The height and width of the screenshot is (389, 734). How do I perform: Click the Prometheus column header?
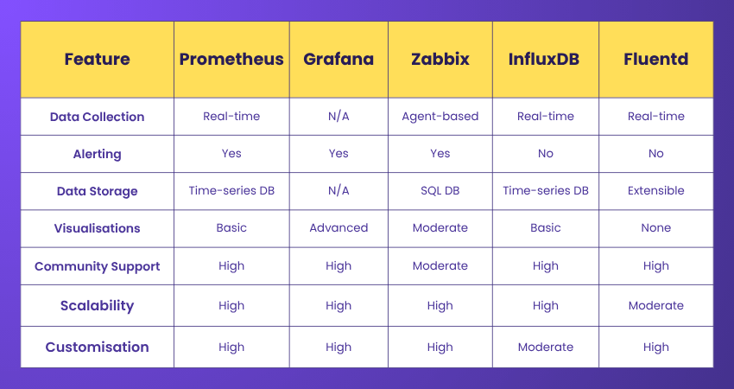pos(231,60)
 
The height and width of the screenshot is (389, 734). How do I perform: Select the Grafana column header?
pos(339,60)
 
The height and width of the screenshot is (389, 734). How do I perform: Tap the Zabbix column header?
pos(440,60)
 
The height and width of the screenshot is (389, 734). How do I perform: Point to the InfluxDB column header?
pos(545,60)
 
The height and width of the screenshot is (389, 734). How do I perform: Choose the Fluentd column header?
pos(655,60)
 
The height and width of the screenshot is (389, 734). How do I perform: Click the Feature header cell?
pos(97,60)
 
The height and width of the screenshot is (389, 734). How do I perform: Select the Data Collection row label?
pos(97,117)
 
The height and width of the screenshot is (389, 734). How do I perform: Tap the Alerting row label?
pos(97,154)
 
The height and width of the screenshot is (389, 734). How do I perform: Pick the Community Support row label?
pos(97,266)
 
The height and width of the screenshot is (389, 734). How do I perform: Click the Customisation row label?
pos(97,347)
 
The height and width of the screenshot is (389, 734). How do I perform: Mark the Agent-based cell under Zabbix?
pos(440,117)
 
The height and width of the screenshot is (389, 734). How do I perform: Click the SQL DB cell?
pos(440,190)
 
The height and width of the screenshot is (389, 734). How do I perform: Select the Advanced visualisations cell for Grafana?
pos(339,228)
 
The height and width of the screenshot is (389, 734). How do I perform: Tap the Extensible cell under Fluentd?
pos(655,190)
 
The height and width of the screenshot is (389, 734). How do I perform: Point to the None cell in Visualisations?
pos(655,228)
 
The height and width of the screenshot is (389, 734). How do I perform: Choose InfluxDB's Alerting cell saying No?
pos(545,154)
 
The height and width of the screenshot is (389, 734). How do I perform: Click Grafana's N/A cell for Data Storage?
pos(339,190)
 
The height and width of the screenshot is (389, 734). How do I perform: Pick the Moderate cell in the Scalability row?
pos(655,305)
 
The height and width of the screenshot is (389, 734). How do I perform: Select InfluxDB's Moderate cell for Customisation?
pos(545,347)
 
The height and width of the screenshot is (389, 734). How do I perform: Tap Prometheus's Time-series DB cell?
pos(231,190)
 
